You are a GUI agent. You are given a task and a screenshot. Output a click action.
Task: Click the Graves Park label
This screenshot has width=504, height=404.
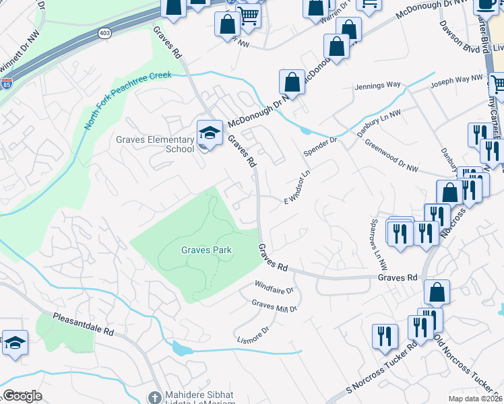click(x=206, y=250)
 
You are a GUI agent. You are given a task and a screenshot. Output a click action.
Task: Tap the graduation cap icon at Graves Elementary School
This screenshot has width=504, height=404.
click(x=210, y=132)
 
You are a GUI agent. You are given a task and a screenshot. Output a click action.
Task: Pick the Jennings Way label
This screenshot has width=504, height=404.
click(x=378, y=86)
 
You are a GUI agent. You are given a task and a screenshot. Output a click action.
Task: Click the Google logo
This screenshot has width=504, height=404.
click(x=22, y=396)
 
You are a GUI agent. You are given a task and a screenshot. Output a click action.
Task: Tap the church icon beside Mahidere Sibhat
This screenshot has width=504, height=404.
click(x=155, y=397)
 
